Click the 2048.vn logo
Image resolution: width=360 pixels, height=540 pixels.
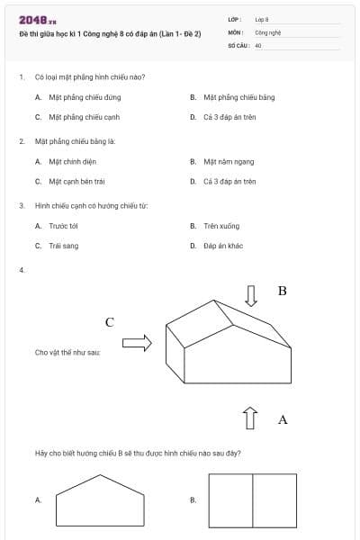click(37, 21)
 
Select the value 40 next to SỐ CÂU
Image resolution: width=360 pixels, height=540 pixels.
click(258, 44)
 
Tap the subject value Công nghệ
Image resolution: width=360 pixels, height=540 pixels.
click(268, 31)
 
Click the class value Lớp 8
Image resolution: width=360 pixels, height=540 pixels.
click(262, 19)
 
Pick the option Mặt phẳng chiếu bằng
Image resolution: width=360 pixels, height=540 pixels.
click(239, 96)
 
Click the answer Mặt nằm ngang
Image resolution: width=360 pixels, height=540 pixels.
click(229, 161)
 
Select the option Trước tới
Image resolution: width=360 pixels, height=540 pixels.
click(64, 226)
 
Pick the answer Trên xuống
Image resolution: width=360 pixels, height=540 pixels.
click(221, 226)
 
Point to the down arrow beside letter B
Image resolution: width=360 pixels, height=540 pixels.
click(252, 295)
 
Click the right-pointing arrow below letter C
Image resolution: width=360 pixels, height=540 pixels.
click(137, 342)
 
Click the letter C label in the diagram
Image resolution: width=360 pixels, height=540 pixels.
click(110, 322)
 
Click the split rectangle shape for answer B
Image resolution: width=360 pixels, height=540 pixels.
click(252, 500)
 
